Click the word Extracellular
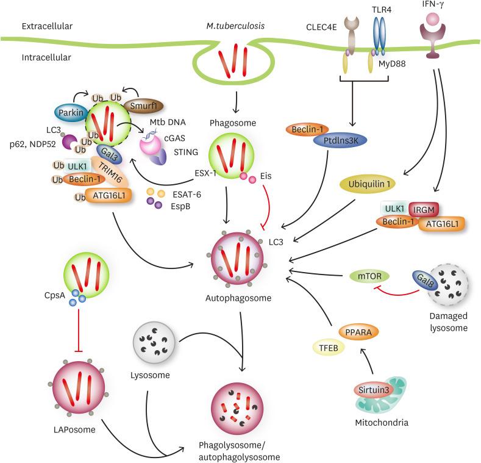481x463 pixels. [x=48, y=26]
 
